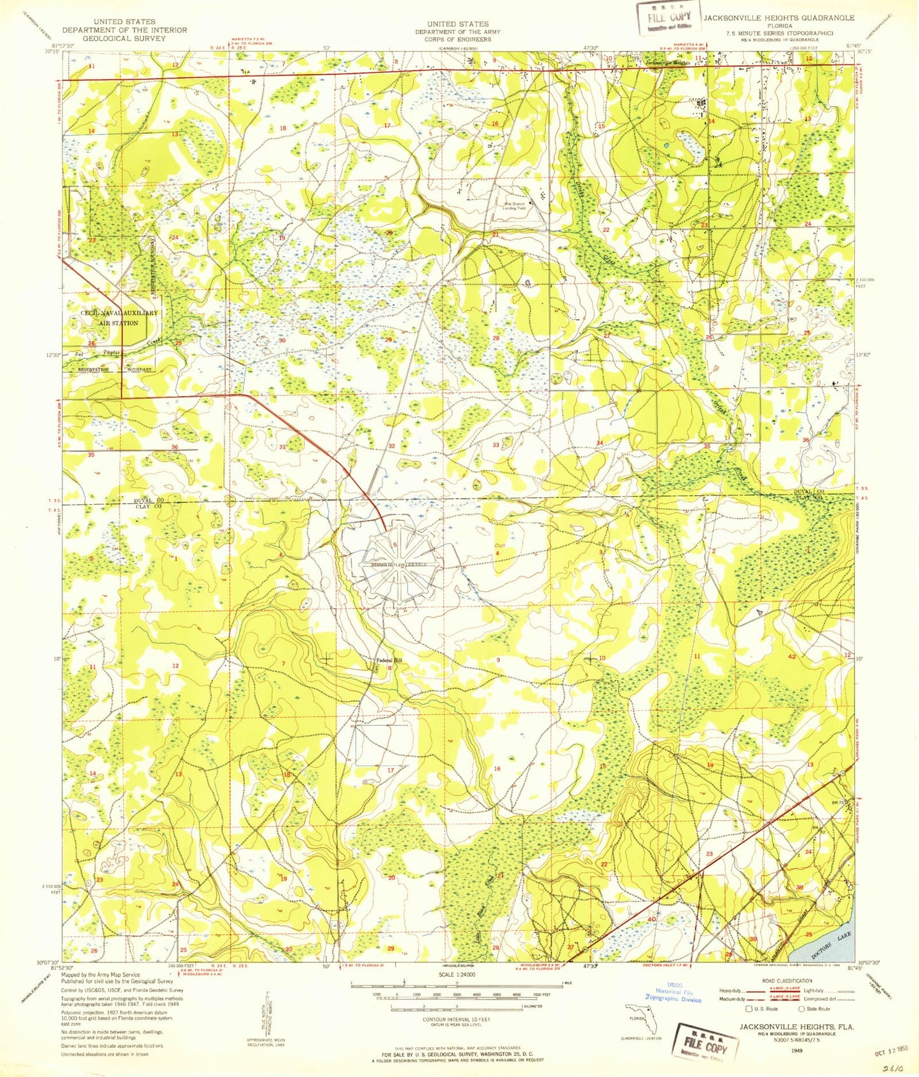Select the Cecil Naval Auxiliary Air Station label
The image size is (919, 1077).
pos(118,318)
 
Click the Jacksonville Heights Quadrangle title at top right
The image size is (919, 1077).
pos(778,18)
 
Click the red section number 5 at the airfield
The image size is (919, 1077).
pos(395,545)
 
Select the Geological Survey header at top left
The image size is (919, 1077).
pos(124,38)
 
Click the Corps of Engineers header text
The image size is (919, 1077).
pos(458,39)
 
